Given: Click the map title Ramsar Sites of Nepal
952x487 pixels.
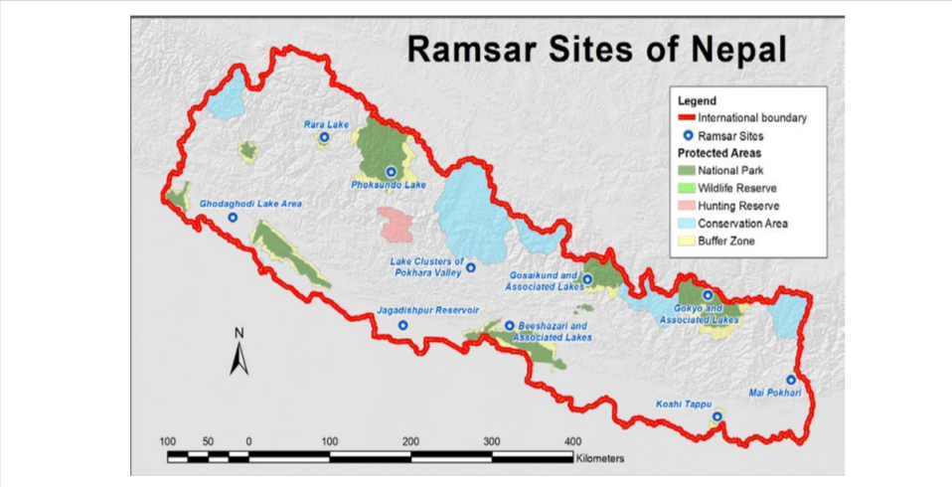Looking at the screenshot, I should point(597,49).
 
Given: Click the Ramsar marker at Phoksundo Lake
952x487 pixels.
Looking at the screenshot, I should point(391,171).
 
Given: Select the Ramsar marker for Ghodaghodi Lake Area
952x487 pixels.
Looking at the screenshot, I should point(233,218).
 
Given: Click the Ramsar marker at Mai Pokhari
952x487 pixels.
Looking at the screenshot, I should point(791,380).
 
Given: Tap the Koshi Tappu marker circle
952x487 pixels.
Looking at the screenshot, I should point(717,417).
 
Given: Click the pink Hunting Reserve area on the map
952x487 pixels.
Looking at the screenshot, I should point(397,225).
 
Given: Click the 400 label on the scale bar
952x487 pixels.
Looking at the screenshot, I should point(572,440).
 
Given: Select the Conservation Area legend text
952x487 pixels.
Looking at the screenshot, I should point(742,224).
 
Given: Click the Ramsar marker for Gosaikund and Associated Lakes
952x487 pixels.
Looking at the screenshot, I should point(587,279).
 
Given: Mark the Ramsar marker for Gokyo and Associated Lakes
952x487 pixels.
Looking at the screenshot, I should point(708,295).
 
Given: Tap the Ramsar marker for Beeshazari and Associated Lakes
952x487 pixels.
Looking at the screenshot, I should point(510,326).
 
